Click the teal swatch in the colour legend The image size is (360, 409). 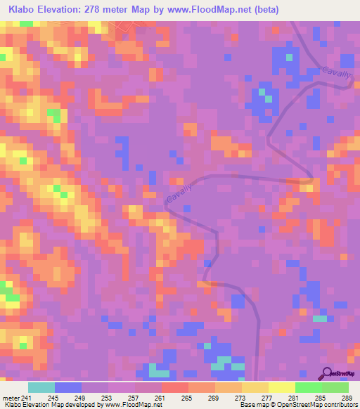[x=41, y=387]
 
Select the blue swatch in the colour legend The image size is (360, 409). [x=68, y=387]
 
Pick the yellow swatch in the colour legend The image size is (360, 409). [x=255, y=387]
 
